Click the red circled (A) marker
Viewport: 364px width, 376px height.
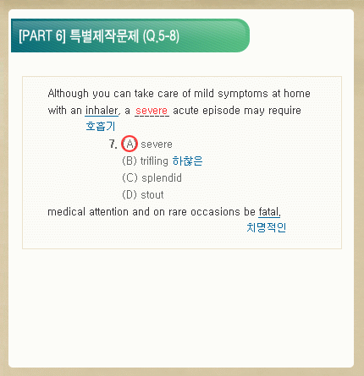130,144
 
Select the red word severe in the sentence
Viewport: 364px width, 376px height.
152,111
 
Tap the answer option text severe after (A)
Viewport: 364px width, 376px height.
157,144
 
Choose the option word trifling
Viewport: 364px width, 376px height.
154,161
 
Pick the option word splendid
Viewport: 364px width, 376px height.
162,178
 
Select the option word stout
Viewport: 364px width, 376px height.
152,195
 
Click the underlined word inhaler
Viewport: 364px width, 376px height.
102,110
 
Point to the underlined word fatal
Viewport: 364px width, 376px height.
269,211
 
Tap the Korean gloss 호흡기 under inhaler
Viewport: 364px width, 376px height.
101,126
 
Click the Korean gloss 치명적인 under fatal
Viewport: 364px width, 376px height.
267,227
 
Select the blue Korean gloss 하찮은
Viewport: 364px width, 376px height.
187,161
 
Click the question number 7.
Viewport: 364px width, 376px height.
113,144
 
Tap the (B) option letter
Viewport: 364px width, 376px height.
130,161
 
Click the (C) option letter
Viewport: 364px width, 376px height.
130,178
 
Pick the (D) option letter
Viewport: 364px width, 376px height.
130,195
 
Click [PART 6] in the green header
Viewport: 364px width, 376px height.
42,35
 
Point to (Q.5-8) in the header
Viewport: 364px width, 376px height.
161,36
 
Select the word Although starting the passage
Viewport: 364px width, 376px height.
68,94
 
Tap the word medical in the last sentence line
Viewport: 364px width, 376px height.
66,211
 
